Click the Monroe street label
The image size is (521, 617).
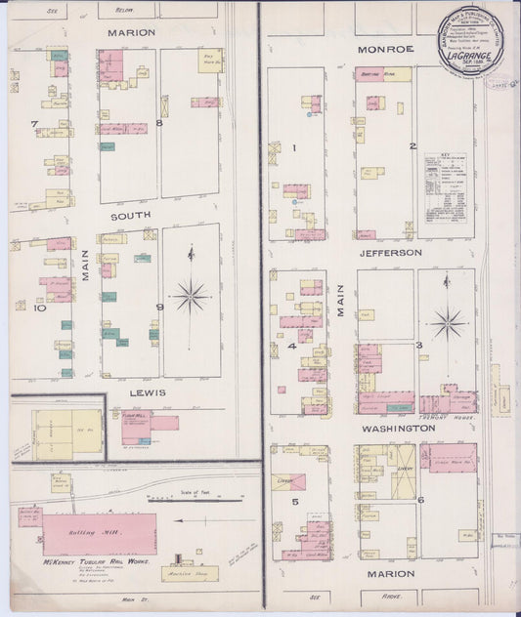tap(385, 48)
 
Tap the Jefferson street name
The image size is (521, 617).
tap(389, 252)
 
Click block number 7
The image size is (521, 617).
tap(34, 124)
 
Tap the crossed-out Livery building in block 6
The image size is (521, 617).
tap(403, 473)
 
